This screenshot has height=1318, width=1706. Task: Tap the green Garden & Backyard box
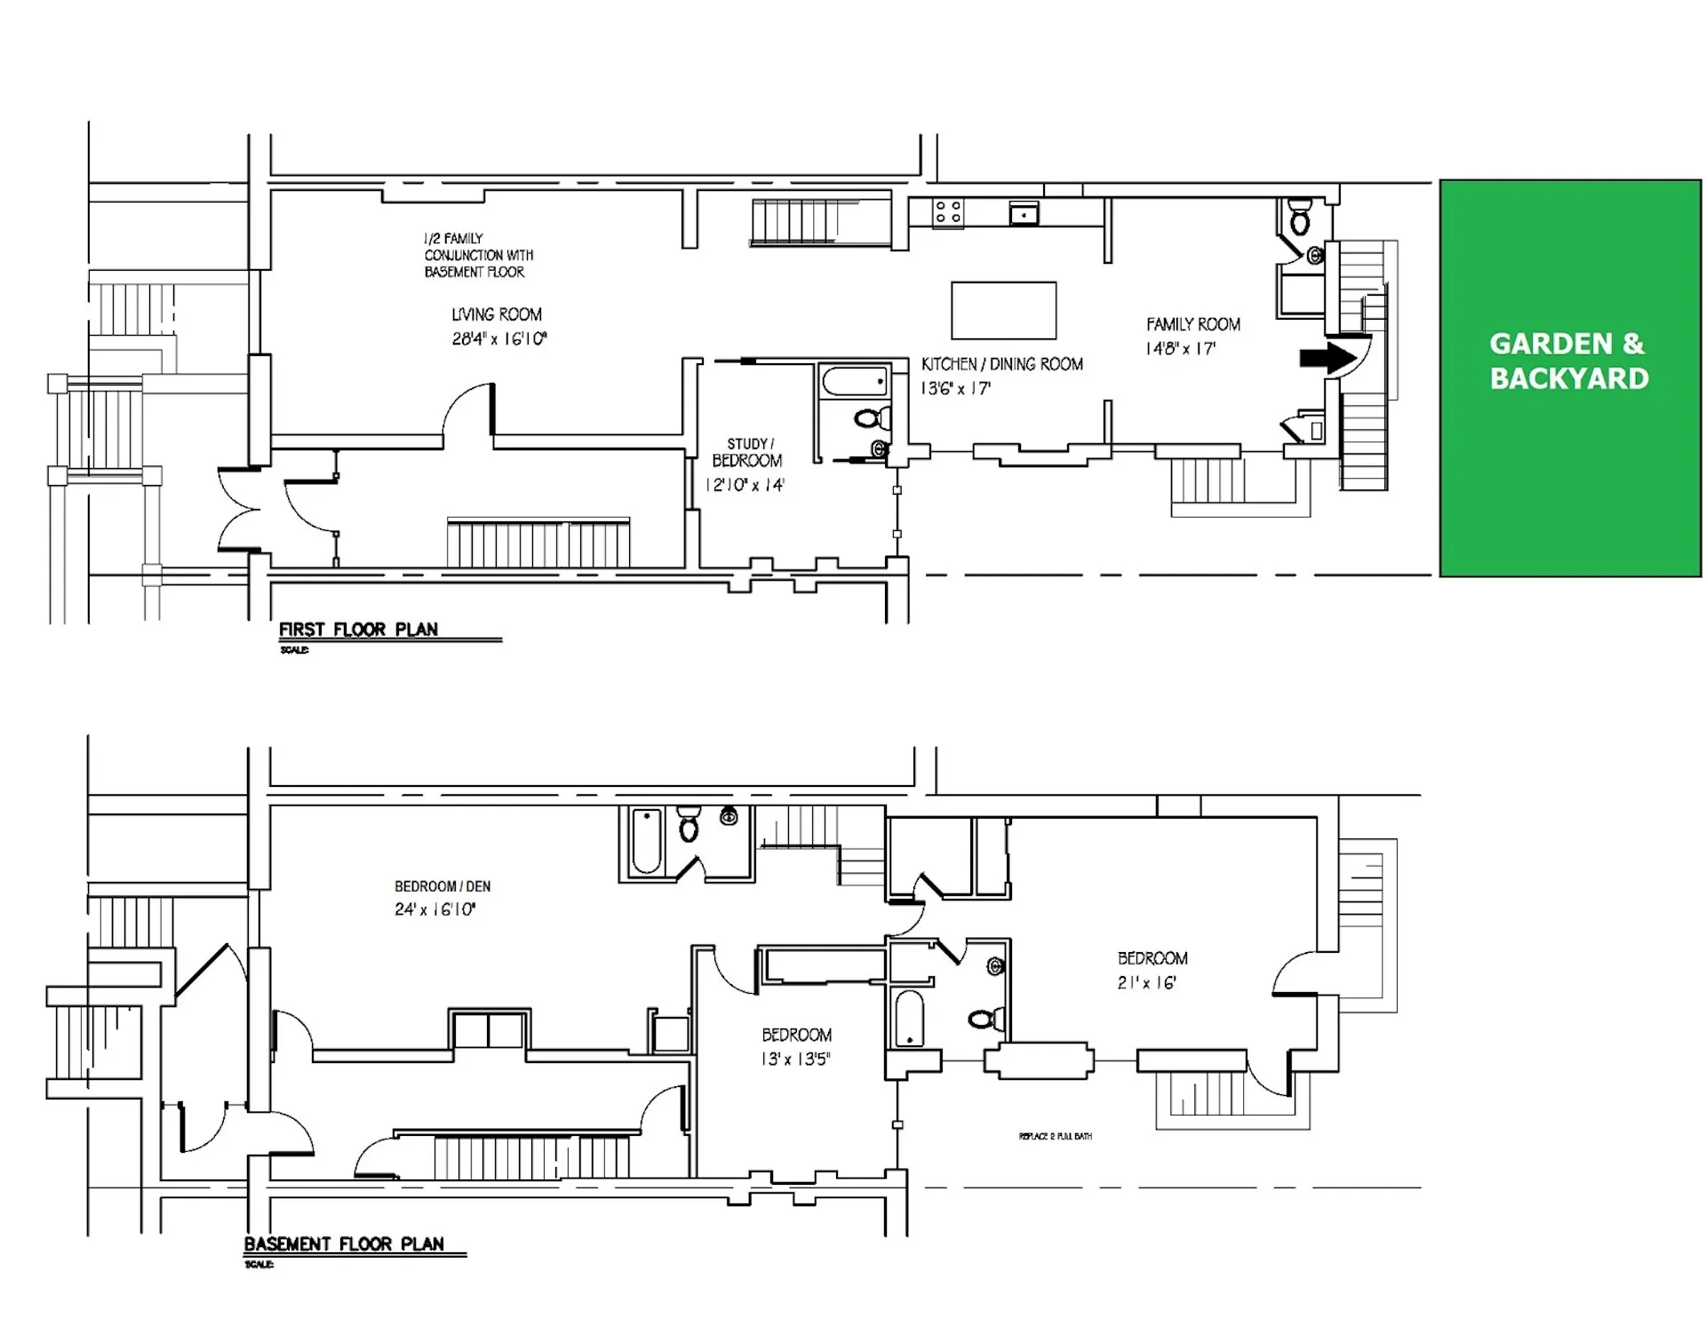[1569, 378]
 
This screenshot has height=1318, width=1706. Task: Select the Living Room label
[496, 314]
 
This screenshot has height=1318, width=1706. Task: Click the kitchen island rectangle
[1003, 311]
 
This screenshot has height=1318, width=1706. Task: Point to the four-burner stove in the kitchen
[947, 211]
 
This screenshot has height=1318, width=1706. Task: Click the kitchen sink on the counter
[1024, 213]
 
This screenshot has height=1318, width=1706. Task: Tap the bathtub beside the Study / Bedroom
[855, 382]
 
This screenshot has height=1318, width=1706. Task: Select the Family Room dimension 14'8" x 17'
[1180, 349]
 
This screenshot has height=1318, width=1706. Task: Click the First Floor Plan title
[358, 630]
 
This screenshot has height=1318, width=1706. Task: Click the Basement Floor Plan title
[344, 1244]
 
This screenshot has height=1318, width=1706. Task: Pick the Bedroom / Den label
[442, 886]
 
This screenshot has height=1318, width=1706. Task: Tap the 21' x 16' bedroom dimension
[1147, 983]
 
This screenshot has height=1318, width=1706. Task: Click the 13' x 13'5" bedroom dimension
[795, 1059]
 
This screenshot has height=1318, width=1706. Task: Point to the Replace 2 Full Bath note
[1055, 1137]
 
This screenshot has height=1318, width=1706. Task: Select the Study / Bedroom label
[747, 452]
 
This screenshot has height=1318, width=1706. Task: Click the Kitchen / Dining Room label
[1001, 364]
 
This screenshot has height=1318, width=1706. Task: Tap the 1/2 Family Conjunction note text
[477, 255]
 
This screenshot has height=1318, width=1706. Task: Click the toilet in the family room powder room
[1300, 218]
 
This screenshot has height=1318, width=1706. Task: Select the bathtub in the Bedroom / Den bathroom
[646, 839]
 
